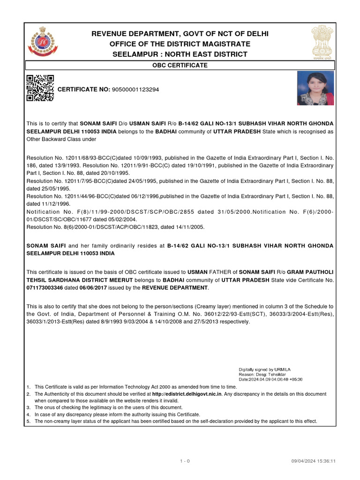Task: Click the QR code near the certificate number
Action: [40, 88]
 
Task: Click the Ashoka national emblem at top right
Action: [322, 42]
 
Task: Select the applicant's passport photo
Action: [315, 88]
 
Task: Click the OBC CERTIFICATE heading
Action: [180, 65]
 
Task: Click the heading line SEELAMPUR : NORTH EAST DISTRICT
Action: [180, 54]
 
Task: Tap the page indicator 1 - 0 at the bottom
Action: [185, 461]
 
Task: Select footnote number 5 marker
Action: [29, 421]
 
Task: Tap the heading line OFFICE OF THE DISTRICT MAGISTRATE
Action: [180, 44]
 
